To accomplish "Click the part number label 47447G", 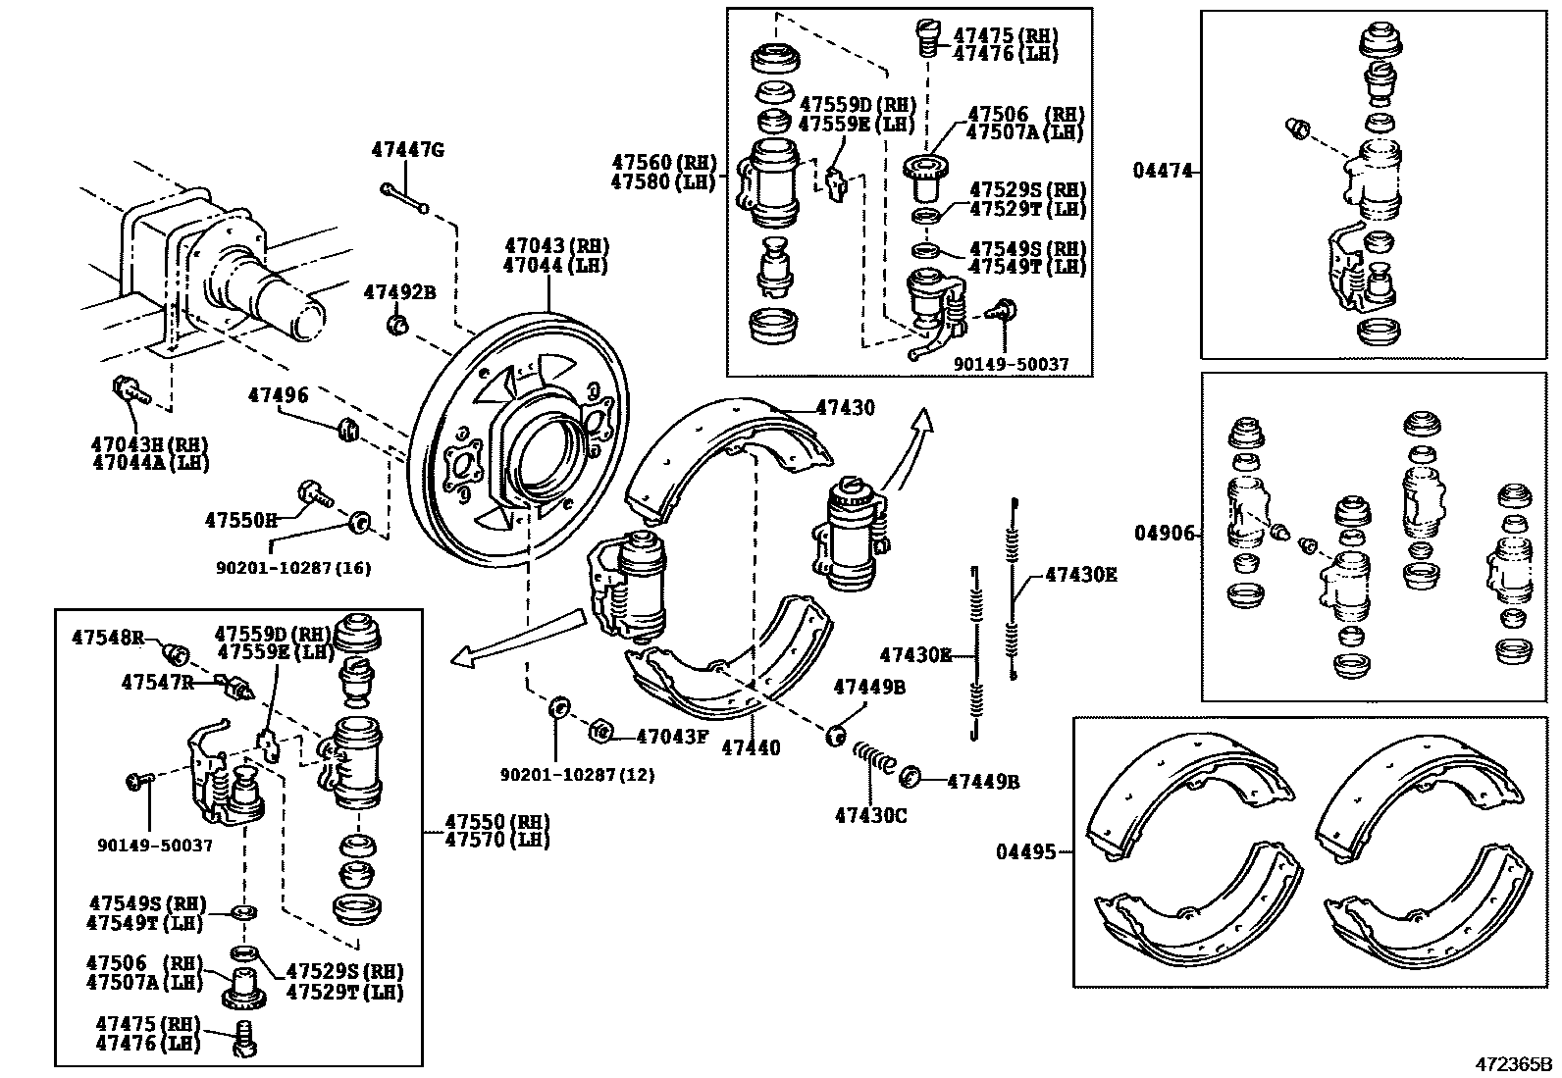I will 407,150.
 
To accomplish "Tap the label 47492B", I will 398,291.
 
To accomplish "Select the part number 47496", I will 278,395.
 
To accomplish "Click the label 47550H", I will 241,519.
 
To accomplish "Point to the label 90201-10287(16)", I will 293,568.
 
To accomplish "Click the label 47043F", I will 672,736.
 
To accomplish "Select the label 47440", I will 751,748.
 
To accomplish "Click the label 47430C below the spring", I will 871,814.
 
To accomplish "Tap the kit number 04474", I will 1164,171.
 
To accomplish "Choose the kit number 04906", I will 1165,534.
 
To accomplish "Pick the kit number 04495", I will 1027,852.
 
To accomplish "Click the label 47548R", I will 107,638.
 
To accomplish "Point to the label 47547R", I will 157,681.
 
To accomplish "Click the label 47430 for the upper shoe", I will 845,407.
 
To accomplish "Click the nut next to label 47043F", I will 601,732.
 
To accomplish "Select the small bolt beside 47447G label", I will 403,197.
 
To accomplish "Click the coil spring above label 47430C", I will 872,758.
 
